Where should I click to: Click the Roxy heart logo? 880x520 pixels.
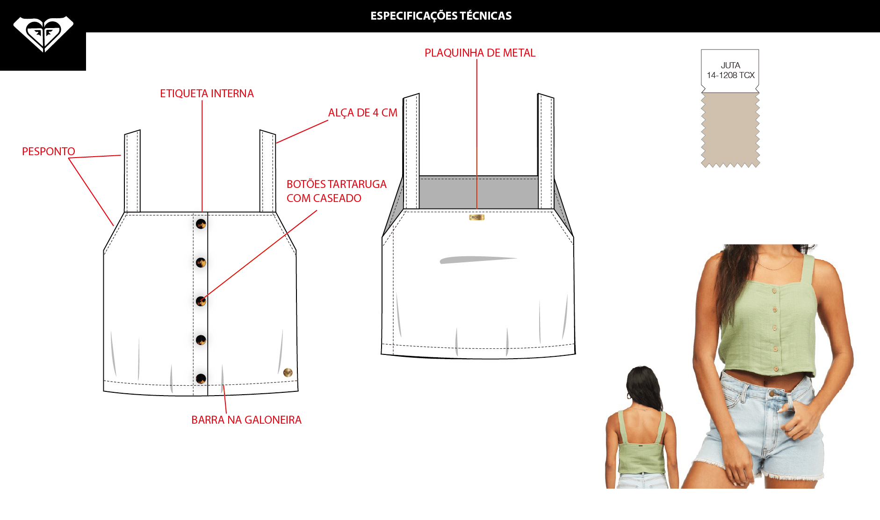(43, 34)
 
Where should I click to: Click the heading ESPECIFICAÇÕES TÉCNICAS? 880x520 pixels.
(441, 16)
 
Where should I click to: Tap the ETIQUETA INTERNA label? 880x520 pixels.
(207, 94)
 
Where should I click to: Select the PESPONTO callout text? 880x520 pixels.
(49, 152)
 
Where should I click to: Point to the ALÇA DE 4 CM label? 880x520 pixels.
(363, 113)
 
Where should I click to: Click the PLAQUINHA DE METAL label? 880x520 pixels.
(480, 53)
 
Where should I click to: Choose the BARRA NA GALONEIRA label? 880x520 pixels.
(246, 420)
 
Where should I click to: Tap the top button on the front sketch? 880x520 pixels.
(201, 224)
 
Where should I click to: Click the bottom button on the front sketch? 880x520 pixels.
(201, 378)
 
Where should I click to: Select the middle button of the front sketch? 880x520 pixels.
(201, 301)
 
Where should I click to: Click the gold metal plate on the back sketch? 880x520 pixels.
(476, 217)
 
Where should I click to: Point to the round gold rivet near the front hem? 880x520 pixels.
(288, 372)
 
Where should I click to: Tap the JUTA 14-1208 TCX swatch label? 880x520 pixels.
(730, 70)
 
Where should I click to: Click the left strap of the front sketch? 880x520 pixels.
(132, 172)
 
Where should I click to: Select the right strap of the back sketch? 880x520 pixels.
(546, 151)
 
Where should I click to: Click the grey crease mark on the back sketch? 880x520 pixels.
(478, 260)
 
